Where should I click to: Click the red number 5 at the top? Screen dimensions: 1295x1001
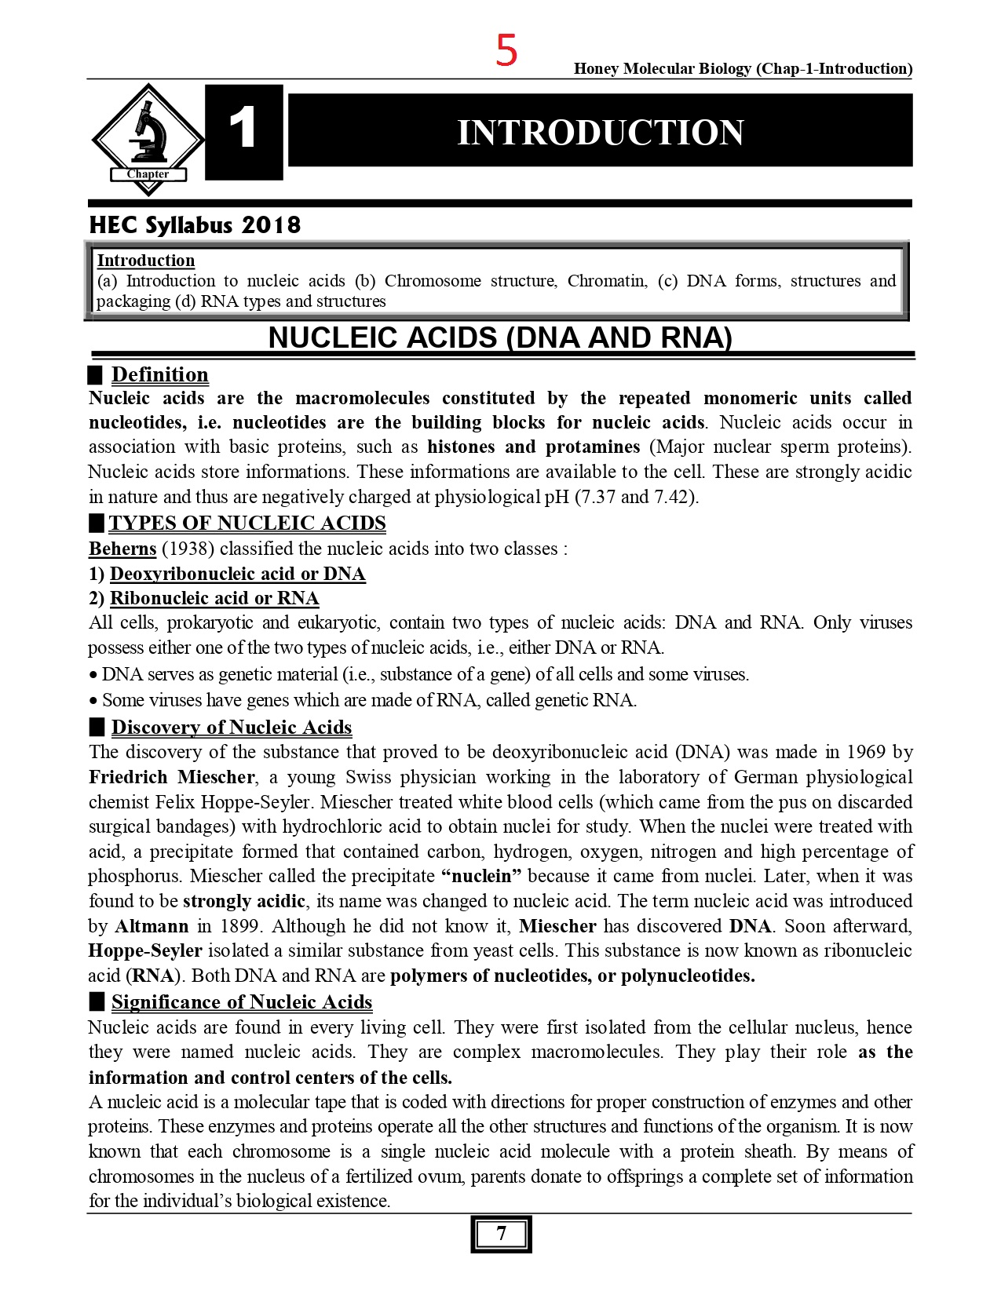[506, 50]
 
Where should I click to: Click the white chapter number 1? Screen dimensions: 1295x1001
[243, 129]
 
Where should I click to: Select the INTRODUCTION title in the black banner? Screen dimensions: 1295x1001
[600, 132]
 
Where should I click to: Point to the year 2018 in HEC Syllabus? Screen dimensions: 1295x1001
[271, 225]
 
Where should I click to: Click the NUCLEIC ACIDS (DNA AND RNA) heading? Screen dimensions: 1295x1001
[500, 337]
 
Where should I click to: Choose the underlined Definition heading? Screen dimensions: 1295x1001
[159, 374]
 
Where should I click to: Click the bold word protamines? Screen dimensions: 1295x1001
[592, 447]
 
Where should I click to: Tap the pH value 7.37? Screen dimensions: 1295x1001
[596, 497]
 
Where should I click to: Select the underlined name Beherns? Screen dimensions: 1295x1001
[122, 548]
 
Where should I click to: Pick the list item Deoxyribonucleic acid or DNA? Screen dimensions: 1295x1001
[237, 573]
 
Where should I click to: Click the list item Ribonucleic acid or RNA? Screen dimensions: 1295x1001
[214, 598]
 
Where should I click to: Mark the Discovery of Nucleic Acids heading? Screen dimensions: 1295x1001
[231, 727]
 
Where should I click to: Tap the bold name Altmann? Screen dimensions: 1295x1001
[152, 926]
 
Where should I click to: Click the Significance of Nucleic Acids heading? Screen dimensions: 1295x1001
[241, 1001]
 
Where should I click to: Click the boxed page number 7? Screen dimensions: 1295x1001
[501, 1234]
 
